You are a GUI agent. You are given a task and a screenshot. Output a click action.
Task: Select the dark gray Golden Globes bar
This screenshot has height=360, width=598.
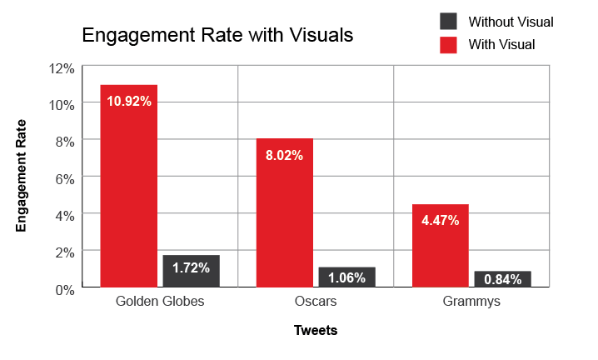pyautogui.click(x=191, y=272)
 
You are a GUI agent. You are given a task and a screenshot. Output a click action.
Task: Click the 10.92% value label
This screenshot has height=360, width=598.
pyautogui.click(x=129, y=102)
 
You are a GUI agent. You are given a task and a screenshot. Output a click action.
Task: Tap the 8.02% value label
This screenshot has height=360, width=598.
pyautogui.click(x=285, y=155)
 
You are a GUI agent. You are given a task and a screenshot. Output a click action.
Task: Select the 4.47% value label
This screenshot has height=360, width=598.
pyautogui.click(x=440, y=221)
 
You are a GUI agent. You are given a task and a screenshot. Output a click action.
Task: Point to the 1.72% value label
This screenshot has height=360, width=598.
pyautogui.click(x=191, y=268)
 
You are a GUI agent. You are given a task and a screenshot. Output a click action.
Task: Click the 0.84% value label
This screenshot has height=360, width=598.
pyautogui.click(x=502, y=280)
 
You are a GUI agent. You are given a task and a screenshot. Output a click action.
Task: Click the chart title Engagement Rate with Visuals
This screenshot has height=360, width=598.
pyautogui.click(x=217, y=36)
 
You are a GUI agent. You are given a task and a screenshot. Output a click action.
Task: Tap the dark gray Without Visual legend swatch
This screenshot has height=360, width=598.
pyautogui.click(x=448, y=22)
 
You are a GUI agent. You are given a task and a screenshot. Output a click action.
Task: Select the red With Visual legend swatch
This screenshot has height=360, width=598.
pyautogui.click(x=448, y=43)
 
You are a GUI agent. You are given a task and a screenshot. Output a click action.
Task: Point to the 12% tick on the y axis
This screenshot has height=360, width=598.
pyautogui.click(x=63, y=67)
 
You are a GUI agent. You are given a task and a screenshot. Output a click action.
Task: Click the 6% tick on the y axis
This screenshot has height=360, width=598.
pyautogui.click(x=66, y=177)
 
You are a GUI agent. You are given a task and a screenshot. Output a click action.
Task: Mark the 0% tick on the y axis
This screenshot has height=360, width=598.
pyautogui.click(x=66, y=288)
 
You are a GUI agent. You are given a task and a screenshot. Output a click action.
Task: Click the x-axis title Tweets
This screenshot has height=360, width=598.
pyautogui.click(x=316, y=331)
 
